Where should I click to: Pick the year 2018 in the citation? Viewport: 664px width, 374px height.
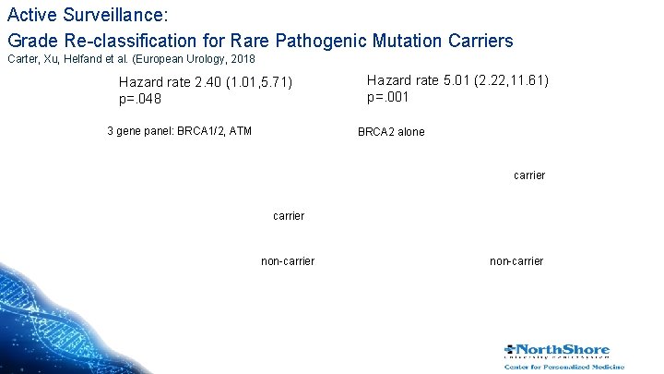241,59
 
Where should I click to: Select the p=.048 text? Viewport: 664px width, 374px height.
140,99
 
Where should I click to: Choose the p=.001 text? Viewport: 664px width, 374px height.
388,96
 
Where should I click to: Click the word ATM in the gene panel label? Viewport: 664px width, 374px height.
239,131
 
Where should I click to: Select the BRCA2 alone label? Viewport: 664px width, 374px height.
391,132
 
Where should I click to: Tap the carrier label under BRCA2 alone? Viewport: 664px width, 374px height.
528,175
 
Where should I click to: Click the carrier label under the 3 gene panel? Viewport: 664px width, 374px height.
289,216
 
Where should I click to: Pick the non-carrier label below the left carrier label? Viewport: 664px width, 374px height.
288,261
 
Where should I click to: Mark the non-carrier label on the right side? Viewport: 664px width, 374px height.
516,261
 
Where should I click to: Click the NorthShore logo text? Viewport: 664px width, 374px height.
563,350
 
